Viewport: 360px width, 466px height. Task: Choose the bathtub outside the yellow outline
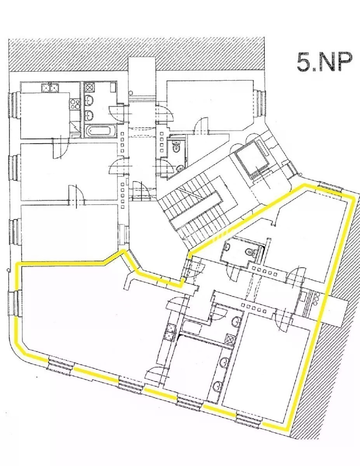coord(100,130)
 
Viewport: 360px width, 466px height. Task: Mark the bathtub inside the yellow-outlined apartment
coord(192,326)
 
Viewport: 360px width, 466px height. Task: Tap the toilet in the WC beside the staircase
coord(176,147)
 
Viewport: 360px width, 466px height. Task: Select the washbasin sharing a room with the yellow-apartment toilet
coord(226,248)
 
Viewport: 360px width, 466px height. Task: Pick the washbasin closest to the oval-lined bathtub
coord(89,115)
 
